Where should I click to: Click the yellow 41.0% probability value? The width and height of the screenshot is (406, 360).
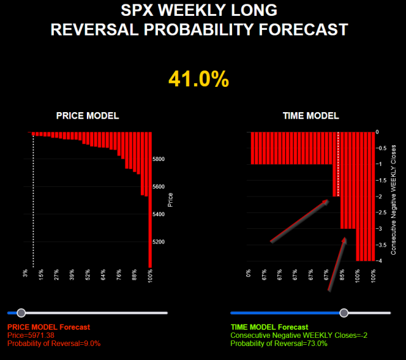click(x=198, y=79)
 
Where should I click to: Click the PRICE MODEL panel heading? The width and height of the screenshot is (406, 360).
click(x=88, y=116)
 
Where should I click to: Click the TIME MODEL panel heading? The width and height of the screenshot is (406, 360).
click(x=310, y=116)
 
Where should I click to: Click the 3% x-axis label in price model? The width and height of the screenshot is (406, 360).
click(x=25, y=273)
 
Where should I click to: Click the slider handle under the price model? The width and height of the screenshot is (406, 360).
click(x=22, y=312)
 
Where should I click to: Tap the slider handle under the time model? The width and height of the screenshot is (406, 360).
click(x=344, y=312)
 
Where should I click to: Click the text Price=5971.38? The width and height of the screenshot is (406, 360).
click(x=36, y=335)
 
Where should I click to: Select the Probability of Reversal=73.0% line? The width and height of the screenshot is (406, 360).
click(x=278, y=343)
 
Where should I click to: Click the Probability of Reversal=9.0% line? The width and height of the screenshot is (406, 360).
click(x=53, y=343)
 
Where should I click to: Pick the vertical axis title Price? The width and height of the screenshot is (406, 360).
click(x=170, y=200)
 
